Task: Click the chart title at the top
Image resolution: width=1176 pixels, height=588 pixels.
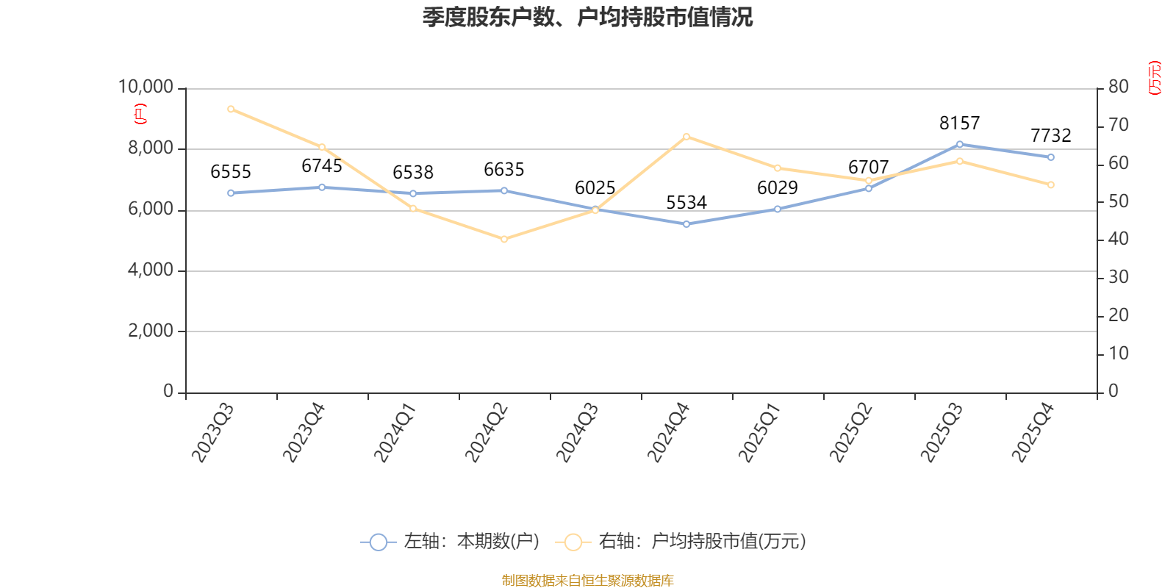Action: coord(587,18)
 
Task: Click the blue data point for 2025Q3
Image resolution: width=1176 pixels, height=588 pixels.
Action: coord(960,144)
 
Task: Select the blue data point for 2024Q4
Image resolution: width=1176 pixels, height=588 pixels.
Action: coord(686,224)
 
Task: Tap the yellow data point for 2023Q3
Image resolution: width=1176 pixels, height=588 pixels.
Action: coord(231,110)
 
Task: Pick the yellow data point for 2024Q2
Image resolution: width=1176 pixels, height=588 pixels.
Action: coord(504,240)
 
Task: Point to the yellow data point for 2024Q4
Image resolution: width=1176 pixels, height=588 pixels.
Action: coord(686,137)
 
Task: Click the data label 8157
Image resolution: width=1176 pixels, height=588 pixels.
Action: coord(960,123)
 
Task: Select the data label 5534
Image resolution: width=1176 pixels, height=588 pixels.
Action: coord(686,203)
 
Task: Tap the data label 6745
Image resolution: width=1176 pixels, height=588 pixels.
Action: coord(322,166)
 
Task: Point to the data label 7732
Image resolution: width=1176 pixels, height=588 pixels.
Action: coord(1050,136)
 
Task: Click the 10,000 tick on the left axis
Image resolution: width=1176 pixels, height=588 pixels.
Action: coord(146,87)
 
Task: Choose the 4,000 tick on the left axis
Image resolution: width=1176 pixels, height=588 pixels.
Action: coord(151,270)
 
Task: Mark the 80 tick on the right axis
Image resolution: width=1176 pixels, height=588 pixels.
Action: coord(1118,87)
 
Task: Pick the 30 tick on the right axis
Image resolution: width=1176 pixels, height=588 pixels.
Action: coord(1118,277)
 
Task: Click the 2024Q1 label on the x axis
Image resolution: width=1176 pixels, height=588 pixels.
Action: coord(395,433)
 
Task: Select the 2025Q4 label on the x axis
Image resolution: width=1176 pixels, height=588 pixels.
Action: coord(1033,433)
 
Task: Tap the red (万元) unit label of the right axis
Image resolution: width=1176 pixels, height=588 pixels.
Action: coord(1155,78)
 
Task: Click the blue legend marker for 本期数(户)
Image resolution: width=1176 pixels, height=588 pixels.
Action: coord(378,542)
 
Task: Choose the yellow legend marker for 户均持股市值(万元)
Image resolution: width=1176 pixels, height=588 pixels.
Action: coord(573,542)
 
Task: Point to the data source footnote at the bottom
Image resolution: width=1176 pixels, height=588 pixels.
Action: coord(587,580)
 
